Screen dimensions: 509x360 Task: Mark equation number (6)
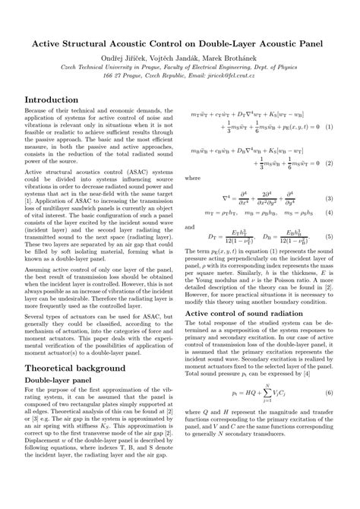click(x=329, y=393)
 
